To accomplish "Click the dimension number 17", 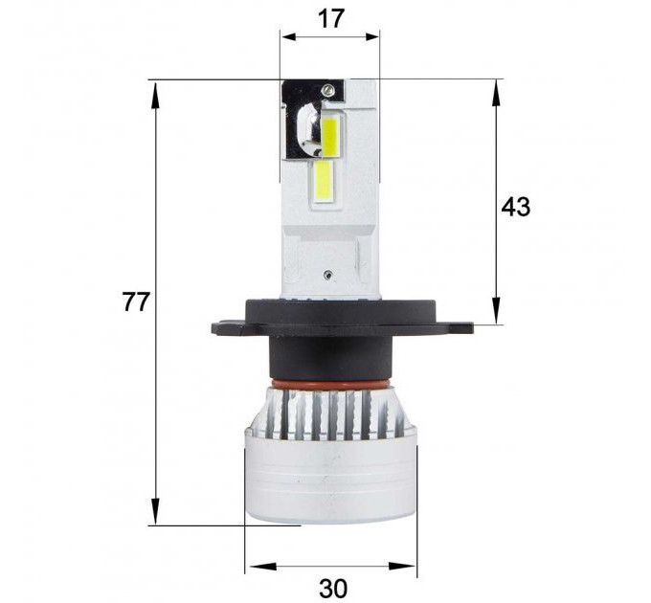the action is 331,19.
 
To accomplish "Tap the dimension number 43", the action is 516,207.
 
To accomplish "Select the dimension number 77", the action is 135,301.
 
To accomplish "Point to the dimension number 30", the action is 333,588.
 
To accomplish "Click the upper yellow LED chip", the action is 330,137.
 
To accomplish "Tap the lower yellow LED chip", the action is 325,181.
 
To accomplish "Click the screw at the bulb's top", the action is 328,89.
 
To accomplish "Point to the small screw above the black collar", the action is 328,274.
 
